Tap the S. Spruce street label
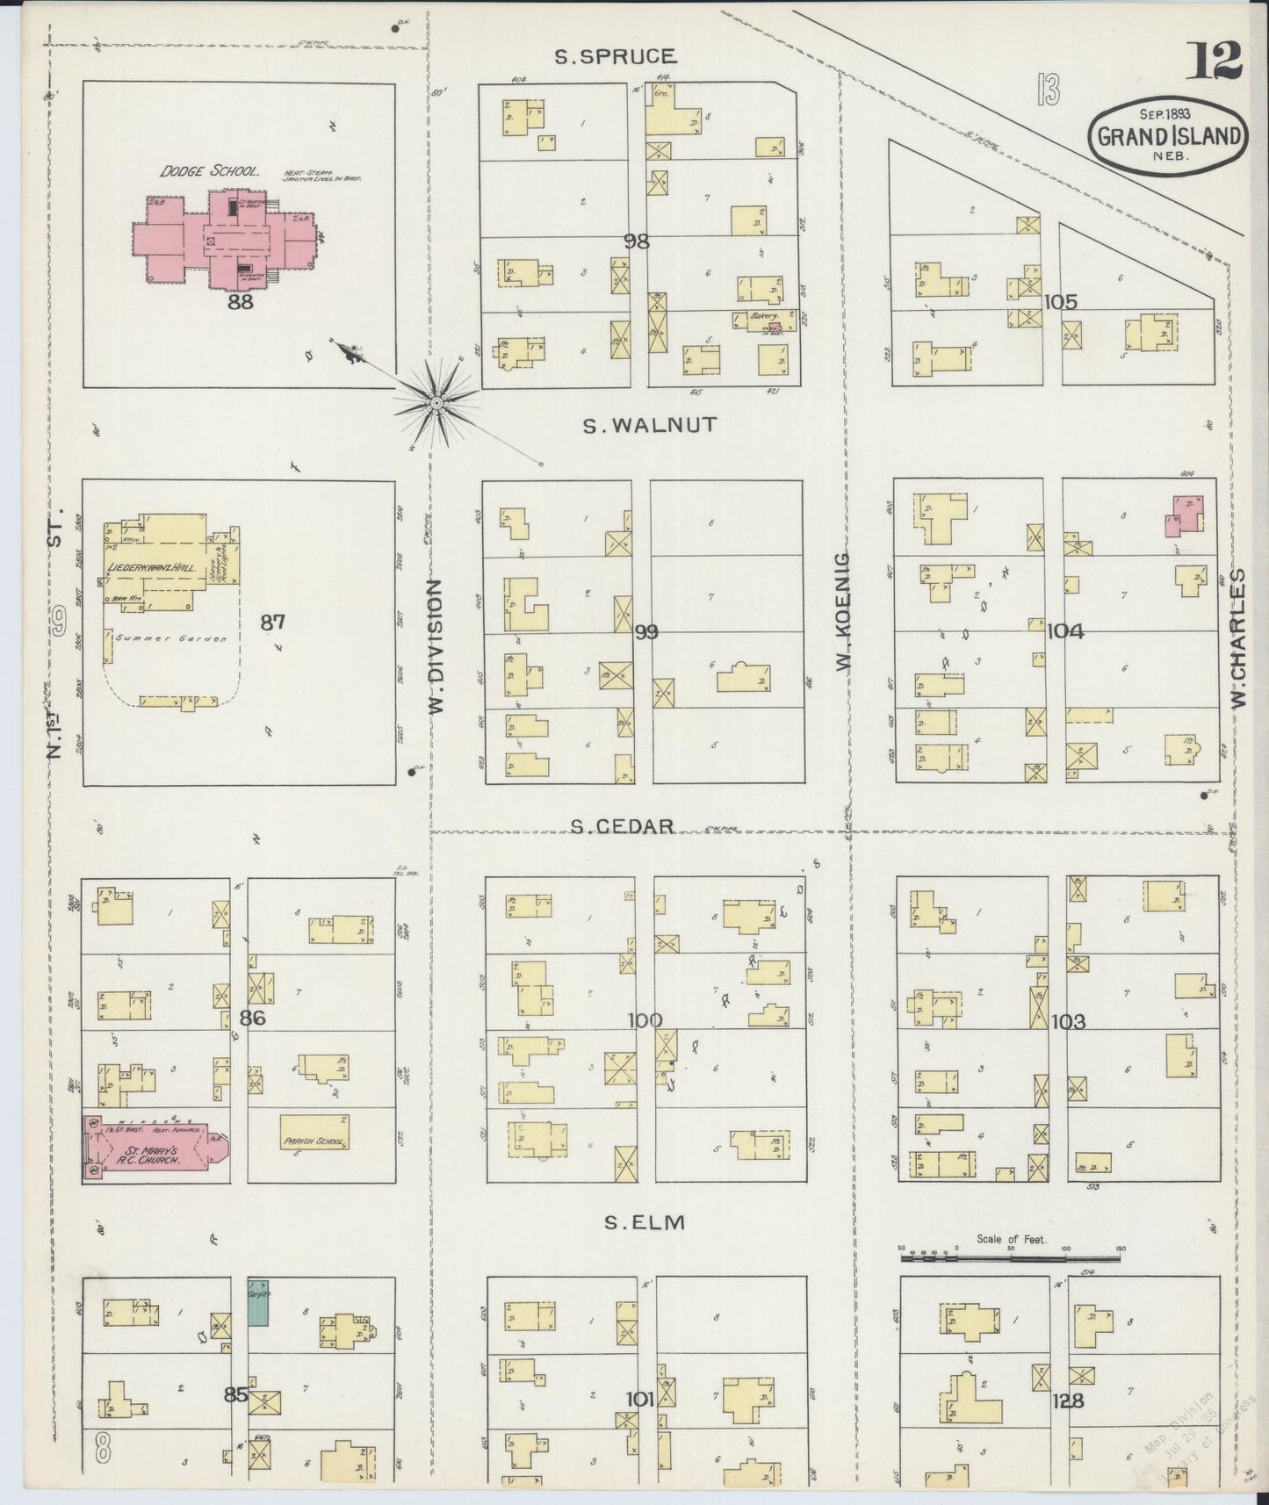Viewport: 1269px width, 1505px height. point(616,57)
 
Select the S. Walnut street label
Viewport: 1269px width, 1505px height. point(651,425)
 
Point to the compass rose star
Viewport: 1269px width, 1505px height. point(436,403)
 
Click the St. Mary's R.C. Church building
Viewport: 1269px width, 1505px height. point(155,1150)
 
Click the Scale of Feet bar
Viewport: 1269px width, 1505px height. point(1010,1258)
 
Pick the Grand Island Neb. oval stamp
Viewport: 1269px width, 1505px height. point(1167,136)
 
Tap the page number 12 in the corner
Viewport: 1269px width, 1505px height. point(1215,60)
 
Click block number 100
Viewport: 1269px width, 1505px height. point(645,1020)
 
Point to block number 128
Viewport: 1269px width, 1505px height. point(1071,1401)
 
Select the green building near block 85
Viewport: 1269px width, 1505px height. point(257,1301)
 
